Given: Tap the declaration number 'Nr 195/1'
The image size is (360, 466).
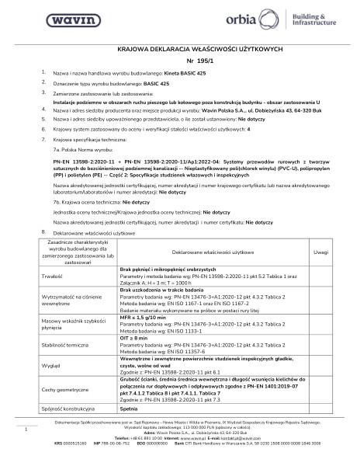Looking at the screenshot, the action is (x=179, y=61).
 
